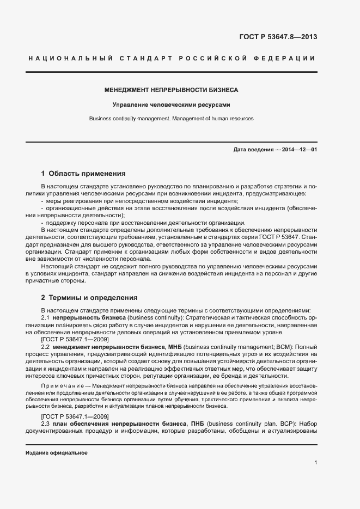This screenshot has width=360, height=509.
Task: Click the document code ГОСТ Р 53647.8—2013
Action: point(278,38)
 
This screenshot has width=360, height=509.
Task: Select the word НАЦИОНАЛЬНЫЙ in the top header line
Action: point(70,58)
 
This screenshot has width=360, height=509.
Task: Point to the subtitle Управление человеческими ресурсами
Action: point(172,104)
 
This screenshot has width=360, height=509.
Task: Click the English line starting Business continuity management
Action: point(172,118)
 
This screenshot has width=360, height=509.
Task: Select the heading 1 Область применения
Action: point(83,174)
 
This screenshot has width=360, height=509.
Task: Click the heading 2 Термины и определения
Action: point(89,298)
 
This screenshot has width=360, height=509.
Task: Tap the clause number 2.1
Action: point(46,317)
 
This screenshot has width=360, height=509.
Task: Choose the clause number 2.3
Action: point(46,423)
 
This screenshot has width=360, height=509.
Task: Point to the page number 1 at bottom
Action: point(315,463)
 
